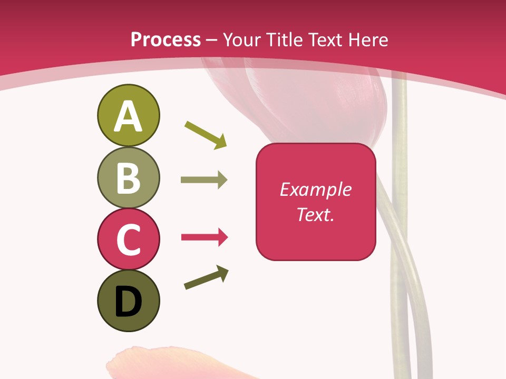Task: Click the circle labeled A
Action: point(128,115)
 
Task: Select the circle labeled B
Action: point(128,177)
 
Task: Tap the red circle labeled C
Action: point(128,239)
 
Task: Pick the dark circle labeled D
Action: point(128,301)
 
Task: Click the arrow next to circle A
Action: point(206,135)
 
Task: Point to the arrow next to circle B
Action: point(204,180)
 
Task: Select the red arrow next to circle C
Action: point(204,237)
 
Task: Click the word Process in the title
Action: point(166,40)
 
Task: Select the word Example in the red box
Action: point(316,189)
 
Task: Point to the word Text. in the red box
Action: point(316,214)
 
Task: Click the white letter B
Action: point(128,177)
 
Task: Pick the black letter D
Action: point(128,302)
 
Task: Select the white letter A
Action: point(128,116)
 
